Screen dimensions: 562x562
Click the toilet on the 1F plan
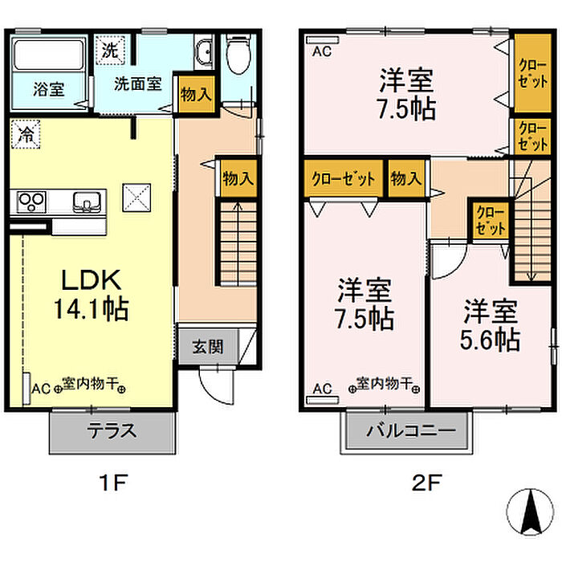(238, 55)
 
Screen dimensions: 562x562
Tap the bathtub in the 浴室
(48, 54)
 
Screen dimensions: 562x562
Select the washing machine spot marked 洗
(111, 50)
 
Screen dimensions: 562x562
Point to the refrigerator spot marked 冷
(26, 134)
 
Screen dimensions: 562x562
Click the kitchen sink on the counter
(87, 202)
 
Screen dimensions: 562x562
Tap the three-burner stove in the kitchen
(31, 202)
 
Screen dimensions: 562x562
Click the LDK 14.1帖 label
(92, 294)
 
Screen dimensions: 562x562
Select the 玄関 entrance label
(208, 347)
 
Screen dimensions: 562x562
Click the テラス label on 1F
(112, 430)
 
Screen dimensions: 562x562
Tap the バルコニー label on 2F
(411, 430)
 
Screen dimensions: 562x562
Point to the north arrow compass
(530, 512)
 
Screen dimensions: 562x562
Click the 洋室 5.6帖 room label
(491, 324)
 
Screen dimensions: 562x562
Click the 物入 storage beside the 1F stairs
(238, 178)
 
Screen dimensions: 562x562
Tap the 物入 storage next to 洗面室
(196, 95)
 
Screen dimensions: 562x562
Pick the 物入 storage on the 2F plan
(406, 178)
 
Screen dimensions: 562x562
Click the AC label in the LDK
(41, 389)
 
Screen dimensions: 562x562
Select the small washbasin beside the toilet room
(205, 53)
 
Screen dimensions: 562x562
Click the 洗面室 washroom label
(138, 83)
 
